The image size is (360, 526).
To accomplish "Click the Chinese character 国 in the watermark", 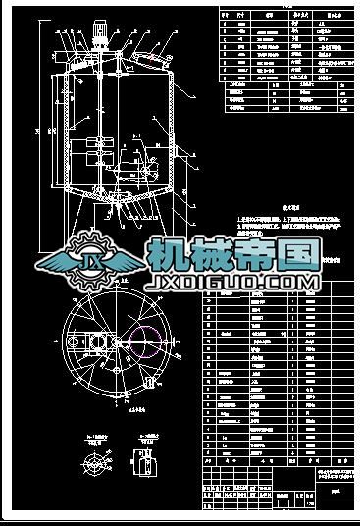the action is tap(296, 255).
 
